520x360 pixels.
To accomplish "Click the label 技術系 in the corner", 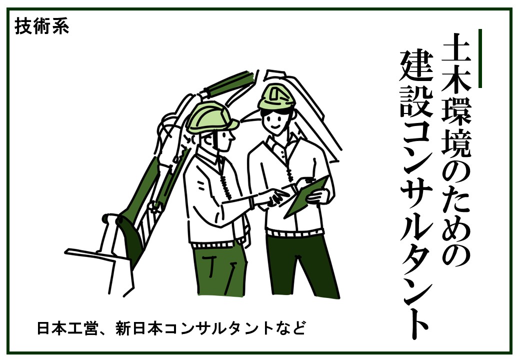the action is tap(42, 26).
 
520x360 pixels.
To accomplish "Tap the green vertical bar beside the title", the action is tap(480, 58).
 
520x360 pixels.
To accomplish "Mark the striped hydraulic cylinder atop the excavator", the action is tap(229, 83).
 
